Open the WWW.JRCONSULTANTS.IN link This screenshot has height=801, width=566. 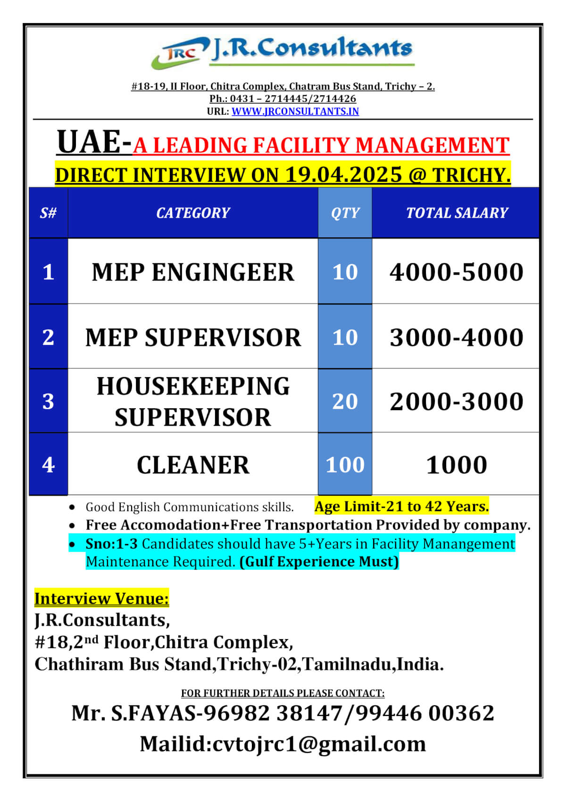(295, 111)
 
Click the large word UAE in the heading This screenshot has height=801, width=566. (89, 142)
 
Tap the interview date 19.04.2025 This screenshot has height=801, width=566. (344, 175)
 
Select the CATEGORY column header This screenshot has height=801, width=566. (193, 213)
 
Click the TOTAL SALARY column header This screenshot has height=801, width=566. (457, 213)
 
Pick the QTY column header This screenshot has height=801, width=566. (345, 213)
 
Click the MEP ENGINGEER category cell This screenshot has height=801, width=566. (193, 272)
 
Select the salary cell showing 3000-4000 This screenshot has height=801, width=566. (456, 337)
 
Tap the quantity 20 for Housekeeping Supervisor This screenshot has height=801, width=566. (345, 401)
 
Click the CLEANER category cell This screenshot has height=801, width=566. (193, 465)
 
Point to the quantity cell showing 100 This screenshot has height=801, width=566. (345, 465)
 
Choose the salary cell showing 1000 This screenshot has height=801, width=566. (456, 465)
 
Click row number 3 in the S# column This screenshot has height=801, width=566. (48, 401)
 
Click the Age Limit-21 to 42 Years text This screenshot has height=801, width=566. (401, 506)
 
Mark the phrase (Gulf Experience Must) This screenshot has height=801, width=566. (319, 562)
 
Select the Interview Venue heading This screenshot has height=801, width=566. (101, 599)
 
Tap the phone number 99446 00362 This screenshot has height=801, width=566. (424, 713)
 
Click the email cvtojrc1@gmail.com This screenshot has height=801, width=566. (319, 744)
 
